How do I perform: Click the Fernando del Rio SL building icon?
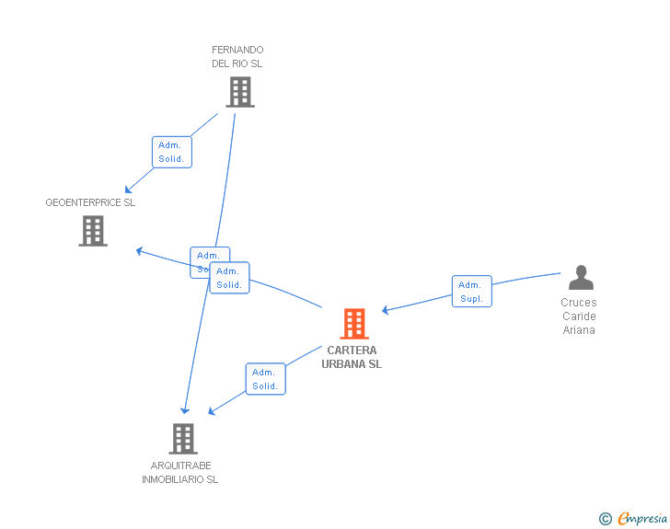[239, 92]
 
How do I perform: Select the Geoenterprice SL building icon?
[93, 231]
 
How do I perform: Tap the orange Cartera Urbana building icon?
[354, 324]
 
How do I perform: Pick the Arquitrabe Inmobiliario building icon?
[183, 439]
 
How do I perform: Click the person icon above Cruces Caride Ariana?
[581, 278]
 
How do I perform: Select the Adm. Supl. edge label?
[471, 292]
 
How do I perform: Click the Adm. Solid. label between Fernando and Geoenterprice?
[171, 152]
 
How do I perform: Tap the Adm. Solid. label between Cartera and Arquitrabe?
[265, 379]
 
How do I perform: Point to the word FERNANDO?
[237, 50]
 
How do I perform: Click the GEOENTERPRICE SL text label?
[90, 202]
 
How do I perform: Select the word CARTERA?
[352, 351]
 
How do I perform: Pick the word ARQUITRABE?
[181, 466]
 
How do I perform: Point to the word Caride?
[579, 316]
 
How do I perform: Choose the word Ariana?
[579, 330]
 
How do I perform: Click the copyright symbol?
[605, 519]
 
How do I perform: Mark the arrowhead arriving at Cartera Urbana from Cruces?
[386, 311]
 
